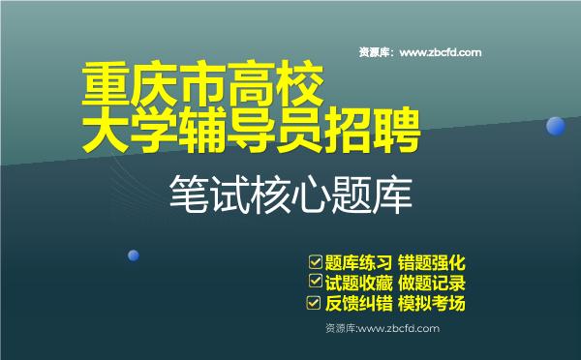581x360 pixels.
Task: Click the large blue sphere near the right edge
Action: [556, 126]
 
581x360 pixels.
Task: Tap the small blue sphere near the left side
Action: [134, 255]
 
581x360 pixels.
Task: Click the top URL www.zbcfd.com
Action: [440, 52]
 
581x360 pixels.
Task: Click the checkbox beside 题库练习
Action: [315, 261]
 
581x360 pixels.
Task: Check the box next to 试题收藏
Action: [315, 282]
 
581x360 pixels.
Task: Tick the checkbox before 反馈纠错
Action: [314, 303]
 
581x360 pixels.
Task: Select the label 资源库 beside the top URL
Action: [374, 52]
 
